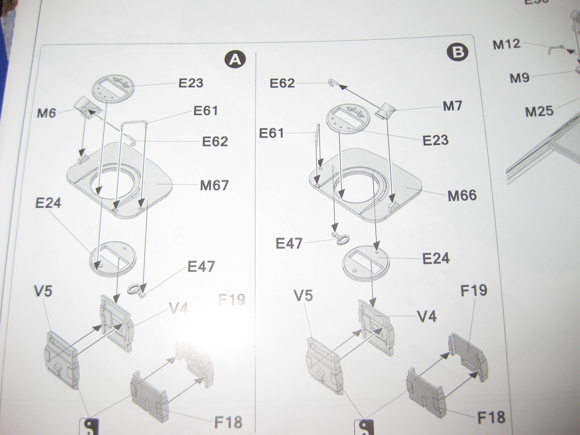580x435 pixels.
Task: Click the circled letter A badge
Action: click(x=235, y=60)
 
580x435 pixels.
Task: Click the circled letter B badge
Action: click(x=457, y=52)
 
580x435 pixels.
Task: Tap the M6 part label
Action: click(x=47, y=113)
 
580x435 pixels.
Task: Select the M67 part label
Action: click(x=214, y=185)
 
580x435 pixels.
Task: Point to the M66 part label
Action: click(x=462, y=196)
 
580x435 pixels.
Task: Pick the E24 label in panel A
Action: click(x=48, y=203)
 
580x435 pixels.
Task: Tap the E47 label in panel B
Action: click(x=289, y=243)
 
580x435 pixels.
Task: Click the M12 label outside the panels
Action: click(x=507, y=45)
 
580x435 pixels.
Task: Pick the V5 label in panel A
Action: click(x=43, y=291)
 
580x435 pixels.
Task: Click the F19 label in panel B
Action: click(x=474, y=290)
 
